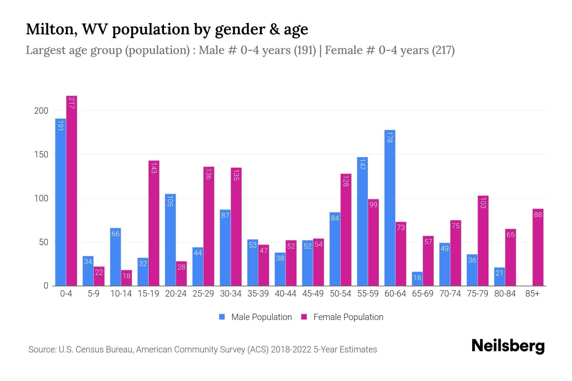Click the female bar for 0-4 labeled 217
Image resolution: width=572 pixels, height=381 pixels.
tap(71, 190)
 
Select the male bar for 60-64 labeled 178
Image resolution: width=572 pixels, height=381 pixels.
tap(390, 208)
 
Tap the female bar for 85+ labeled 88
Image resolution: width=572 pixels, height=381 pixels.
tap(538, 247)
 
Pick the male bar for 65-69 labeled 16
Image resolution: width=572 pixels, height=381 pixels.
tap(417, 279)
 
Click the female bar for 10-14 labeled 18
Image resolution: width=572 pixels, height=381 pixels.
tap(126, 278)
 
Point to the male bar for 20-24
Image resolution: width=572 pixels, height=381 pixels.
tap(170, 240)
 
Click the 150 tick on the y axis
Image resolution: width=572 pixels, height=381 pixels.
tap(41, 155)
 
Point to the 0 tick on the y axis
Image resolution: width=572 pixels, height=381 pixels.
tap(46, 286)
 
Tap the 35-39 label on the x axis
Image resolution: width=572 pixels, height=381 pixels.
tap(258, 294)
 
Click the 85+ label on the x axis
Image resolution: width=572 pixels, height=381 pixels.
tap(532, 294)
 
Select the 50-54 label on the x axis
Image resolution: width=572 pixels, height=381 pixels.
tap(340, 294)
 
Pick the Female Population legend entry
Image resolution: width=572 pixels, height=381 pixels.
tap(342, 317)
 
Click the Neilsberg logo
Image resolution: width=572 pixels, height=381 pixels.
tap(508, 346)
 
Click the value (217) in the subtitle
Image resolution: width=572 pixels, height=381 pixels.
tap(443, 50)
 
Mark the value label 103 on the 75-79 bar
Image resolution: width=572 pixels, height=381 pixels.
tap(483, 203)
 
